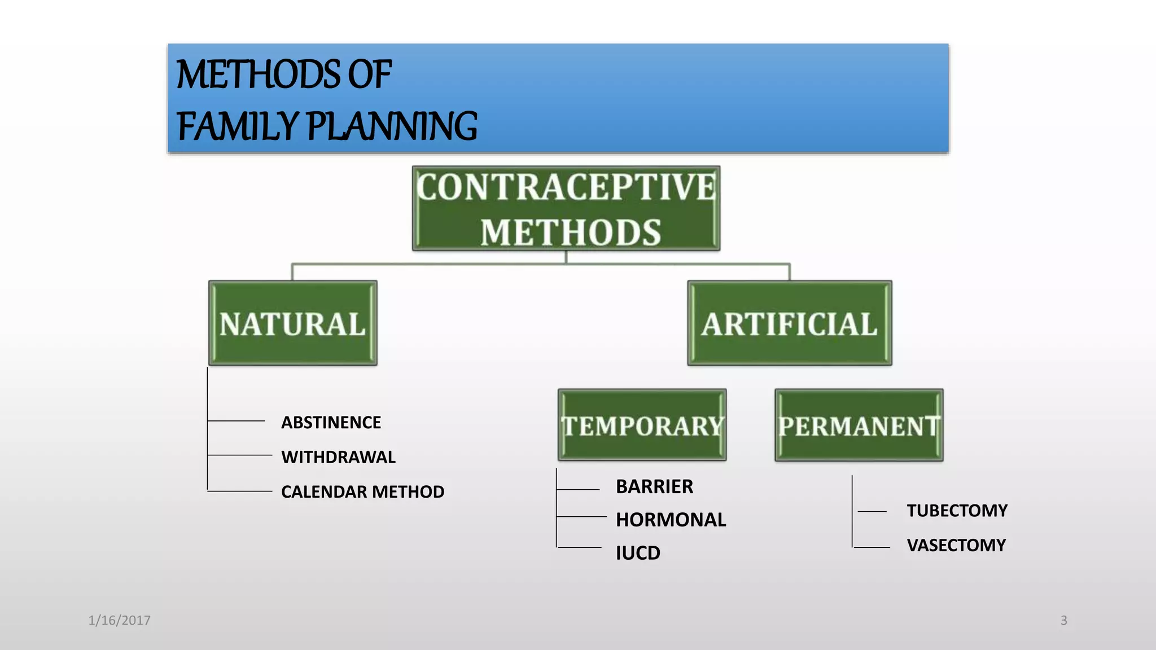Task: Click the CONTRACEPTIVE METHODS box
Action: [x=566, y=209]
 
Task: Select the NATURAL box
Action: [x=292, y=323]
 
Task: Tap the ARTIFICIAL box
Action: [x=789, y=323]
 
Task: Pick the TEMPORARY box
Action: [x=642, y=425]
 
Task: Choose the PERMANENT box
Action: [x=859, y=425]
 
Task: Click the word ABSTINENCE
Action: [x=331, y=423]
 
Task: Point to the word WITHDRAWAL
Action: [x=338, y=457]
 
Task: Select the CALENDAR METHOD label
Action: [x=362, y=492]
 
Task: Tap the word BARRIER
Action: [x=654, y=487]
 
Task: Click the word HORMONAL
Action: [x=671, y=520]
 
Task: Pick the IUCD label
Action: [x=638, y=553]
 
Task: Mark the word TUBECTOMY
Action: [x=957, y=511]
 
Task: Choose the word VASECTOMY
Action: [x=956, y=546]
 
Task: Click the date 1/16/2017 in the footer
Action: [x=119, y=621]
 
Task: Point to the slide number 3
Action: [x=1063, y=621]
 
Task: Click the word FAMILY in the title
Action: [x=237, y=126]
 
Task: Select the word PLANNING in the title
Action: [x=392, y=126]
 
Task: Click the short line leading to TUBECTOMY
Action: [x=872, y=512]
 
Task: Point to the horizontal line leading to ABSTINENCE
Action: [x=237, y=421]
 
